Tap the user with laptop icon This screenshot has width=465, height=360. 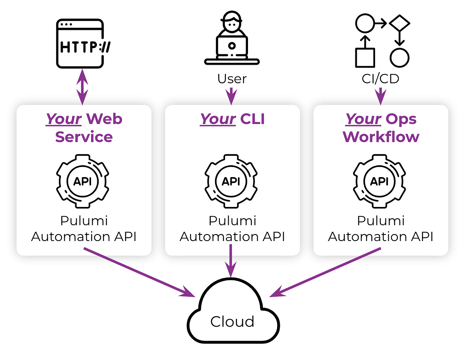pos(232,39)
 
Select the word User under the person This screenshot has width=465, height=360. pos(232,79)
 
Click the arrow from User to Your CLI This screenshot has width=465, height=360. pos(231,96)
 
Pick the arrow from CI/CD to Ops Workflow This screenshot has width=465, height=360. pos(380,96)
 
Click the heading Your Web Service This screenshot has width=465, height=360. pos(84,127)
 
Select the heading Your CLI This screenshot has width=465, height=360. pos(232,119)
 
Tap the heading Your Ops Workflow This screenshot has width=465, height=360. pos(381,127)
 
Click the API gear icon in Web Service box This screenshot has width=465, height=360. pos(83,181)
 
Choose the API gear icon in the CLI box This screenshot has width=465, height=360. pos(231,181)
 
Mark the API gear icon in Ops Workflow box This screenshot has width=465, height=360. pos(380,181)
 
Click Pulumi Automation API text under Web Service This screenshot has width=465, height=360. pos(84,229)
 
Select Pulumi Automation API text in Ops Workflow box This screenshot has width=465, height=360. pos(381,229)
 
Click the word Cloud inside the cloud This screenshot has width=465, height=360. pos(232,321)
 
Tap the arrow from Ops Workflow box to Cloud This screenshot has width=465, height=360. pos(325,272)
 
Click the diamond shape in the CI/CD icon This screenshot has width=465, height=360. pos(400,24)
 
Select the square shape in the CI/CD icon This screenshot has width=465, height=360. pos(365,58)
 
